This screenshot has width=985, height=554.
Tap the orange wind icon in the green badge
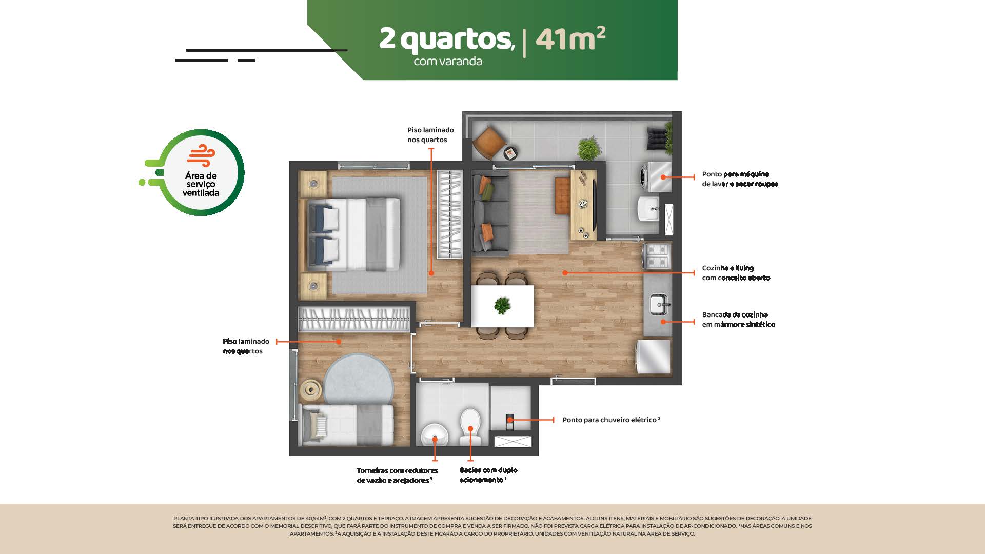(201, 156)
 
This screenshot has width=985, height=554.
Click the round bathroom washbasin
(435, 435)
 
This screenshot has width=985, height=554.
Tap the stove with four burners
(657, 255)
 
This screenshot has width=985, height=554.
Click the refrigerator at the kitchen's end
(653, 357)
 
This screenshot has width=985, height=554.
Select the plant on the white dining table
(502, 305)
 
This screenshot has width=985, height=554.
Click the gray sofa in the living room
(490, 213)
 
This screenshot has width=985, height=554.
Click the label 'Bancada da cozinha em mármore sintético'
(738, 320)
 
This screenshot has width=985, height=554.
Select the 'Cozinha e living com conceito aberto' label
(736, 273)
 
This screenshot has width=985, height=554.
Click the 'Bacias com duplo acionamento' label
(488, 475)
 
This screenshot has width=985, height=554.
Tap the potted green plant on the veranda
(589, 149)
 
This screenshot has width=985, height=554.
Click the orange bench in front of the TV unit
(563, 196)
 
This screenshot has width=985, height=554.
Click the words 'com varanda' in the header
(448, 61)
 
